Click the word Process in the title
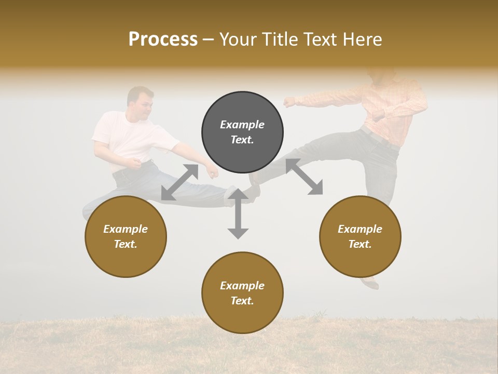pos(163,39)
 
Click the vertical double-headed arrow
pos(238,214)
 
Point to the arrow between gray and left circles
pos(179,182)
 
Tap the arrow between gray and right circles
pos(304,177)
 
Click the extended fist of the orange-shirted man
pos(288,102)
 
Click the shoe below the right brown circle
pos(370,283)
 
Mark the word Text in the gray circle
pos(242,140)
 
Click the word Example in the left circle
pos(126,229)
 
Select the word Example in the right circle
pos(360,229)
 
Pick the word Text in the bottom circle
pos(242,301)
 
